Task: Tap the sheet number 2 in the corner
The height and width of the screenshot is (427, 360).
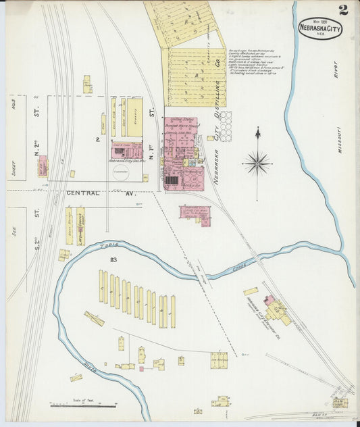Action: click(343, 9)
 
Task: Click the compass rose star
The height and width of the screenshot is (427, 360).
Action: click(257, 162)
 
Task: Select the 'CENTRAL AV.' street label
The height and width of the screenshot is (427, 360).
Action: click(84, 193)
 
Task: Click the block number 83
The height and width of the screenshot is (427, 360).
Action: click(96, 259)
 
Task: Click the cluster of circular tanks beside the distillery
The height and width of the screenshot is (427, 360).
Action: click(224, 126)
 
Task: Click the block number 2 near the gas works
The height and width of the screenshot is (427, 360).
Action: click(98, 140)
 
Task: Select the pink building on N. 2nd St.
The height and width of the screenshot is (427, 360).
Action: click(43, 166)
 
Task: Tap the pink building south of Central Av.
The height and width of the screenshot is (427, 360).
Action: click(195, 214)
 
